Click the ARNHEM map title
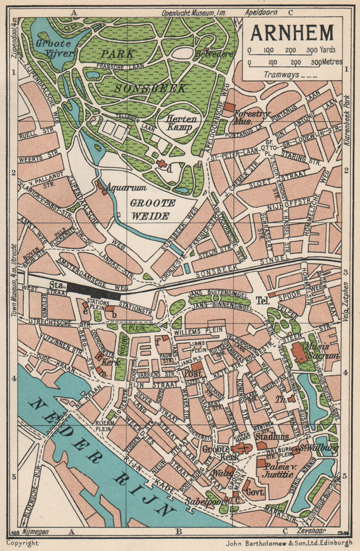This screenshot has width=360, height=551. (292, 32)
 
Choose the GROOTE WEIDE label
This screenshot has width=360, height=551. (152, 209)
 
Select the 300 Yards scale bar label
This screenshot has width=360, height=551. (321, 50)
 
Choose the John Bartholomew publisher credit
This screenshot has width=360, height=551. (289, 543)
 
